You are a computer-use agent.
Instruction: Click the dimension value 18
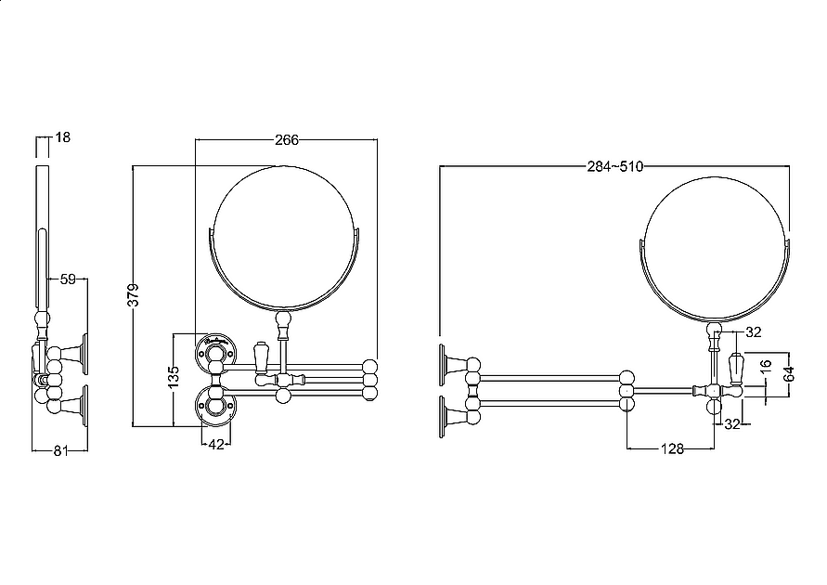[x=62, y=137]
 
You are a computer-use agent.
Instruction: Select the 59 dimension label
[x=68, y=279]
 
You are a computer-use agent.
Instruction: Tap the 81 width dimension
[x=60, y=450]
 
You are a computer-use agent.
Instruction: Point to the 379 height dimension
[x=134, y=295]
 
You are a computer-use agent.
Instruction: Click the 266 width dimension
[x=287, y=140]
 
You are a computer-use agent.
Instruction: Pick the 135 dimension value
[x=174, y=377]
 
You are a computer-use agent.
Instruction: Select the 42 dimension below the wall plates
[x=216, y=445]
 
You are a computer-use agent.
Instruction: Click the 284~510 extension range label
[x=615, y=167]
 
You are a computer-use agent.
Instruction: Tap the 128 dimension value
[x=672, y=448]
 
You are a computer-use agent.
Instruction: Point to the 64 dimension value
[x=789, y=374]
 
